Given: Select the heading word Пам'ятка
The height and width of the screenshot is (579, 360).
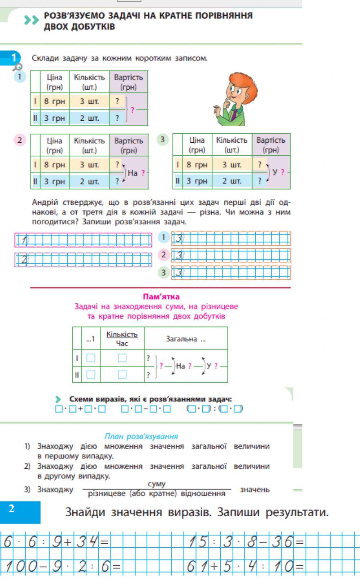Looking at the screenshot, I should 161,297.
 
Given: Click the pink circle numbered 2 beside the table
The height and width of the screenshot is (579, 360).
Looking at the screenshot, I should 20,140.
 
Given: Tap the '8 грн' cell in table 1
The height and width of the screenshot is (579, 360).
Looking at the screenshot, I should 54,101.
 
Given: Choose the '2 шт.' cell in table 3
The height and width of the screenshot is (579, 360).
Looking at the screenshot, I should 231,181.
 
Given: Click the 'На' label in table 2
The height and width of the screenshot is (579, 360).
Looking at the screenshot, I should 132,173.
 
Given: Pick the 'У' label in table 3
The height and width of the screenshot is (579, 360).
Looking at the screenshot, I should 275,172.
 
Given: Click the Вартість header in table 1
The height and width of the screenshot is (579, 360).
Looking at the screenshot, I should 129,82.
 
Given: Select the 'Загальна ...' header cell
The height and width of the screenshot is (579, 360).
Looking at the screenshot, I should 185,339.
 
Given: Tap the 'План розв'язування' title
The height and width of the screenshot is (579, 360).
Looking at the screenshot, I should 141,436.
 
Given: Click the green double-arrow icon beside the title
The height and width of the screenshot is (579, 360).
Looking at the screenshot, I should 31,21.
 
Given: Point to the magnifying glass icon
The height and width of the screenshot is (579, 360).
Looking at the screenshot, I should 17,67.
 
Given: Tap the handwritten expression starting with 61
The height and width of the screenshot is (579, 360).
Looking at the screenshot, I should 245,567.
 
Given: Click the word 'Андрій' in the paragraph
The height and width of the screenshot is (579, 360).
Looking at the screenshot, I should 45,202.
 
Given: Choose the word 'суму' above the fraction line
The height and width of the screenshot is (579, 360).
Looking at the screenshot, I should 156,484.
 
